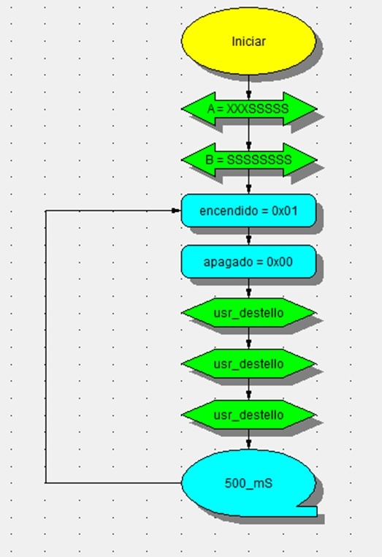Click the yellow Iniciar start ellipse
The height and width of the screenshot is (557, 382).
pos(248,41)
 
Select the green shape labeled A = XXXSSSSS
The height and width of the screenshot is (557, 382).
pos(248,109)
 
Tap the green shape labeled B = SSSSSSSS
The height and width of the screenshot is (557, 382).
pos(248,160)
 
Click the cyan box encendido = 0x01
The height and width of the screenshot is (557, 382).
pos(248,211)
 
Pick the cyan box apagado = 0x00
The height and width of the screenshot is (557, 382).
pos(248,262)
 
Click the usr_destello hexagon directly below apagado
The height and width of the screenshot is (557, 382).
pos(248,313)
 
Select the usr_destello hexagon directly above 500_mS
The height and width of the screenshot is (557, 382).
pos(248,415)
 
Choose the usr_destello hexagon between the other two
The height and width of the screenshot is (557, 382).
pos(248,364)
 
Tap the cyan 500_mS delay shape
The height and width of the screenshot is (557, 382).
pos(248,483)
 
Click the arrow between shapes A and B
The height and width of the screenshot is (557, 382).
pos(248,134)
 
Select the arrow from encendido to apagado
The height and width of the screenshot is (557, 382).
pos(248,236)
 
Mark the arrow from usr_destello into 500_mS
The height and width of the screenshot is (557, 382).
pos(248,439)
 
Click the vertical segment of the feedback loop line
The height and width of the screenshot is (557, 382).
pos(45,346)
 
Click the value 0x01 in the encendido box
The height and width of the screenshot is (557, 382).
pos(285,211)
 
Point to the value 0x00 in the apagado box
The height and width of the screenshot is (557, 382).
pos(280,262)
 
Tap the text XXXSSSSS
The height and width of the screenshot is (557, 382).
pos(257,109)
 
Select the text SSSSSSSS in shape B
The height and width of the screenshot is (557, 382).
pos(259,160)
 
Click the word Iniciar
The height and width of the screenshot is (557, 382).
pos(248,42)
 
